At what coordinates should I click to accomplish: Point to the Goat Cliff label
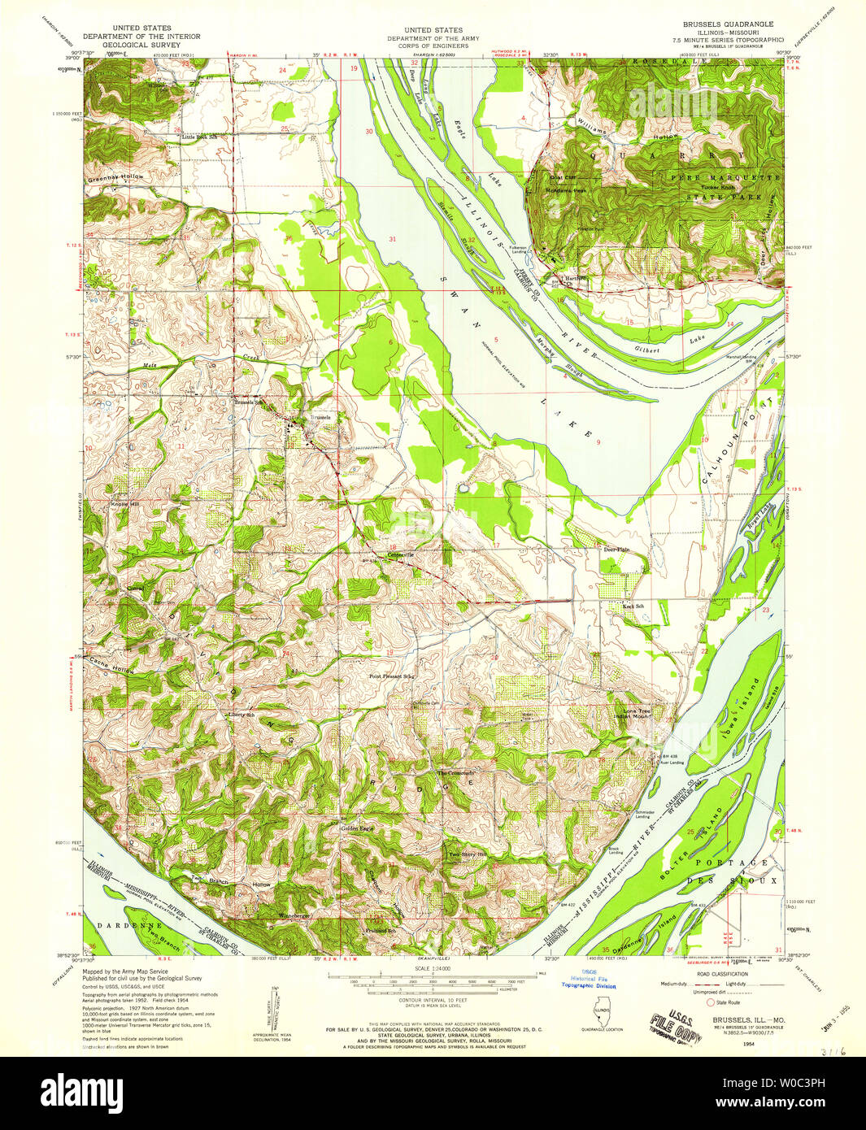click(562, 177)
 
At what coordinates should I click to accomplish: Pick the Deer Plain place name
click(616, 550)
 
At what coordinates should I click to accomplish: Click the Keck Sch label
click(633, 606)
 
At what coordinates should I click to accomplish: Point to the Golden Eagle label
click(356, 828)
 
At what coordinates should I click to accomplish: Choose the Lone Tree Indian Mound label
click(637, 714)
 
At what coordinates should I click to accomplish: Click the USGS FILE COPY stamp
click(674, 1026)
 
